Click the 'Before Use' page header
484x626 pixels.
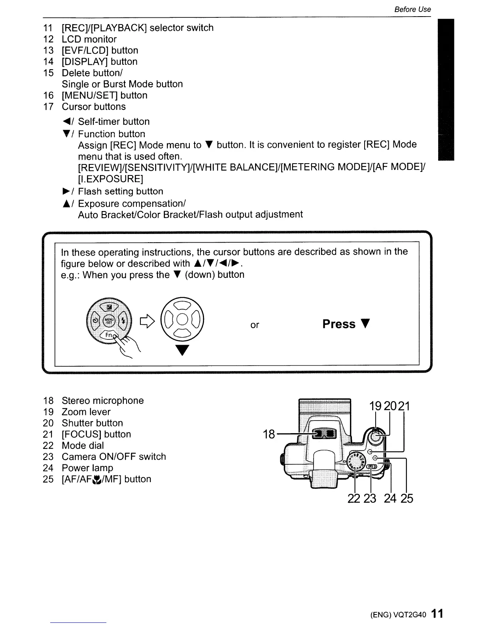coord(412,9)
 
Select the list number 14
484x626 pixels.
coord(48,62)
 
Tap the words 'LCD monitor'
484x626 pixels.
coord(89,39)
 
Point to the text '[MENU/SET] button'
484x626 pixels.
coord(104,95)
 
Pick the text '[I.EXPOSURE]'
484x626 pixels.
coord(110,179)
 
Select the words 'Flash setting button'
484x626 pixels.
coord(120,191)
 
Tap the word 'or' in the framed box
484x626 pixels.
coord(255,325)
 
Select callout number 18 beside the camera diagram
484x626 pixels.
coord(269,434)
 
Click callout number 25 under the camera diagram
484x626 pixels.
coord(406,498)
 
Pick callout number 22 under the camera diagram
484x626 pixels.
coord(354,498)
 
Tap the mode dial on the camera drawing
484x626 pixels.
coord(357,461)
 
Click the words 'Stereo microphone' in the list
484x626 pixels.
coord(102,400)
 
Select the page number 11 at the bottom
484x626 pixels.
coord(437,614)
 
